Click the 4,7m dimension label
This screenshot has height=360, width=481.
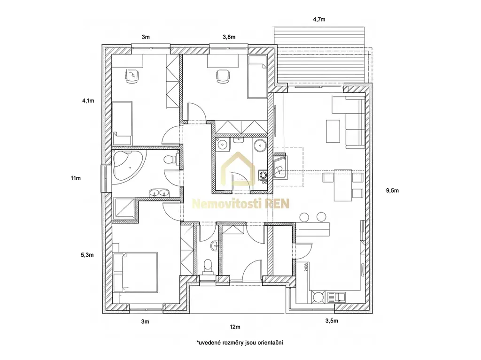coord(319,20)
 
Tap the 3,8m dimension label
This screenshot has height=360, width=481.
coord(229,37)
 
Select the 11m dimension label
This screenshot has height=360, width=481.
coord(76,178)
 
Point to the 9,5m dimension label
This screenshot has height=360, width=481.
coord(392,191)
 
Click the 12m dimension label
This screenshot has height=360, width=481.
coord(235,327)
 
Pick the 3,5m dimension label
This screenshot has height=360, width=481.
coord(332,321)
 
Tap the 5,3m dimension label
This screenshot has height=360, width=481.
coord(87,255)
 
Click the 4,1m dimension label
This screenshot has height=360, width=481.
coord(88,100)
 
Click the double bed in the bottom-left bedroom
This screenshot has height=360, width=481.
coord(135,272)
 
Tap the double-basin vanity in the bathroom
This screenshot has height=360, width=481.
coord(159,193)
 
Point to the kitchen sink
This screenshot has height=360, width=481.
coord(337,297)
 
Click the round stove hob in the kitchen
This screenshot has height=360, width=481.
coord(318,297)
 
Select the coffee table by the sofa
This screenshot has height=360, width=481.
coord(333,131)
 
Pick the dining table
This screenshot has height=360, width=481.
coord(342,185)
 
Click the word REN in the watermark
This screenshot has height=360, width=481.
coord(277,203)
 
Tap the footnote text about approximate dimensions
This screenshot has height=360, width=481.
coord(240,343)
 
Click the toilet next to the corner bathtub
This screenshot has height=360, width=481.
coord(171,160)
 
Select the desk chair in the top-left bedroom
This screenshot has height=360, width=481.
coord(132,76)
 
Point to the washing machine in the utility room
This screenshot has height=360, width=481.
coord(263,175)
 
